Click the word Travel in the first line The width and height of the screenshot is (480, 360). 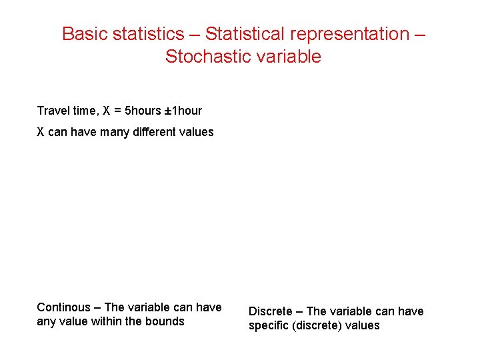pos(52,111)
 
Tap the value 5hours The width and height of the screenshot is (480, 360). pos(143,111)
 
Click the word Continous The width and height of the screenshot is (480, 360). pos(63,307)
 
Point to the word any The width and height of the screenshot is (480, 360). pos(46,321)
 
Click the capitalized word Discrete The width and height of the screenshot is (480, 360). pos(270,311)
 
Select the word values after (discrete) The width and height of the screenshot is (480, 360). pos(364,325)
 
